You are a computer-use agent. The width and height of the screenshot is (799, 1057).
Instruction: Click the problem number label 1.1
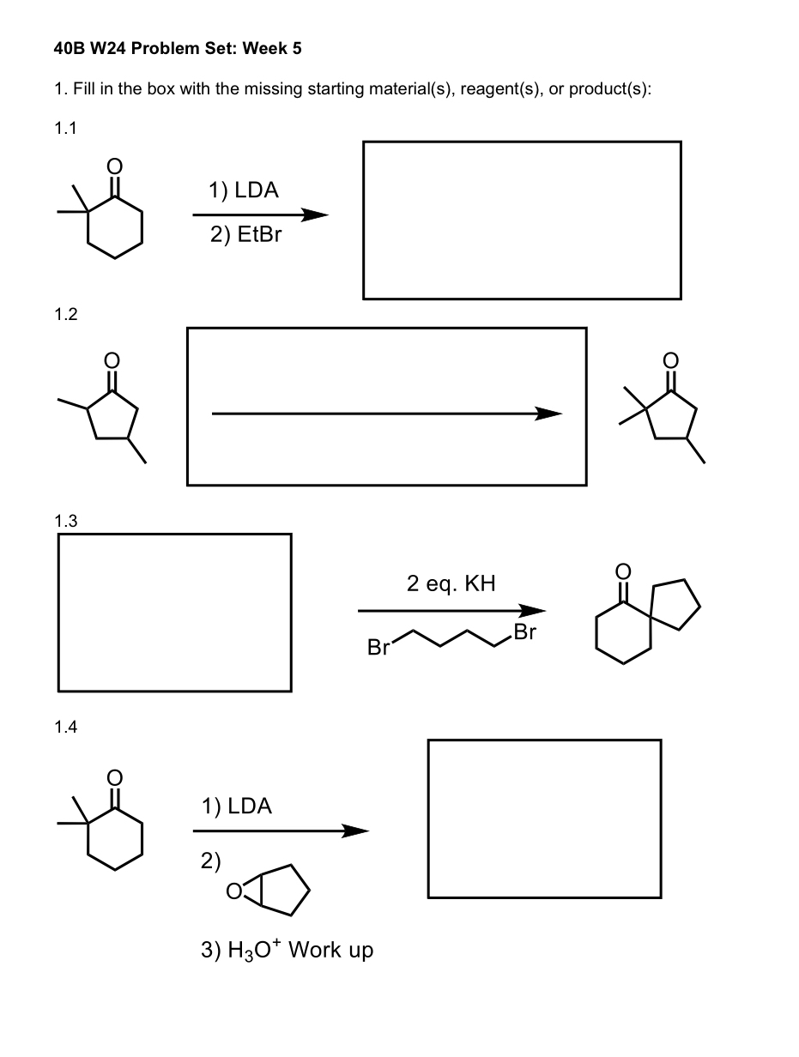(65, 130)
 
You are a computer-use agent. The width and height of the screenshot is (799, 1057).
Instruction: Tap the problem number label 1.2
(65, 314)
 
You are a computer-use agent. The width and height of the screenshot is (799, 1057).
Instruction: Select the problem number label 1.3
(65, 521)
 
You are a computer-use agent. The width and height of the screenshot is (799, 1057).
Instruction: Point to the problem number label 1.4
(65, 728)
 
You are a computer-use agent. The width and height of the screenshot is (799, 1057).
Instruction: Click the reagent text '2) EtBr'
(245, 235)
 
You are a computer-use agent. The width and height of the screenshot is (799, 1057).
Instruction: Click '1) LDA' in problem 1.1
(243, 190)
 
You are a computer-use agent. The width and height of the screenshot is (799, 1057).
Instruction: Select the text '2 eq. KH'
(451, 584)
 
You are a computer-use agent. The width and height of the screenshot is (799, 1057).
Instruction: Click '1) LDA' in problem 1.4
(236, 806)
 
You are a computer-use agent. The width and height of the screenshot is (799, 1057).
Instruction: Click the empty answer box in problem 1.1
(522, 220)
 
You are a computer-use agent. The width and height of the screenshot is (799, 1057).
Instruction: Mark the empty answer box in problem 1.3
(174, 613)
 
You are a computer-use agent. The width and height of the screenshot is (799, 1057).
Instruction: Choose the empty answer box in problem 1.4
(544, 818)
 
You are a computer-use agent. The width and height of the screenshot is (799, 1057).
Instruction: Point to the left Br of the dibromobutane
(378, 648)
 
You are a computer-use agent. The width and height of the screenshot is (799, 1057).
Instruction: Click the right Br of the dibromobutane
(524, 633)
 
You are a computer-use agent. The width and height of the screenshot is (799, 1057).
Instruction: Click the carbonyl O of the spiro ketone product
(624, 571)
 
